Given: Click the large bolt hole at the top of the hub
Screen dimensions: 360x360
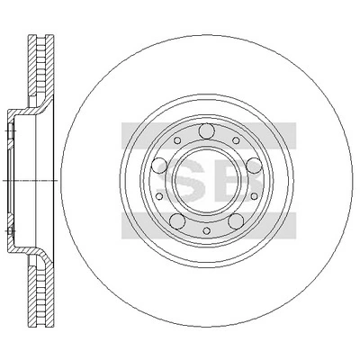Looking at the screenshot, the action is pyautogui.click(x=207, y=131).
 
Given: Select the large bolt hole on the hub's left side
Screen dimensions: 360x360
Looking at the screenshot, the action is pyautogui.click(x=159, y=166).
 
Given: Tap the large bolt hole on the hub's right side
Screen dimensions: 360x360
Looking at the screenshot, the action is pyautogui.click(x=254, y=166).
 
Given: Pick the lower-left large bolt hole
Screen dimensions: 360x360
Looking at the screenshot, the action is pyautogui.click(x=177, y=221).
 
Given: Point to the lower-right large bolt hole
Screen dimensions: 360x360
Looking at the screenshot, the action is pyautogui.click(x=236, y=221).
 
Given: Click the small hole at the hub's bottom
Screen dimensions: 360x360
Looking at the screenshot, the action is pyautogui.click(x=207, y=230).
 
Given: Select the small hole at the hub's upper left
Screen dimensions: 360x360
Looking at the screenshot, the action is pyautogui.click(x=177, y=140).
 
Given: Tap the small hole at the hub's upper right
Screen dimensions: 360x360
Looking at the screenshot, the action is pyautogui.click(x=237, y=140).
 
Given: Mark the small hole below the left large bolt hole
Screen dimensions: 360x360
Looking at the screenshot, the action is pyautogui.click(x=159, y=196).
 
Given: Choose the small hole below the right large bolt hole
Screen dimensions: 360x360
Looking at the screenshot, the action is pyautogui.click(x=254, y=196).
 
